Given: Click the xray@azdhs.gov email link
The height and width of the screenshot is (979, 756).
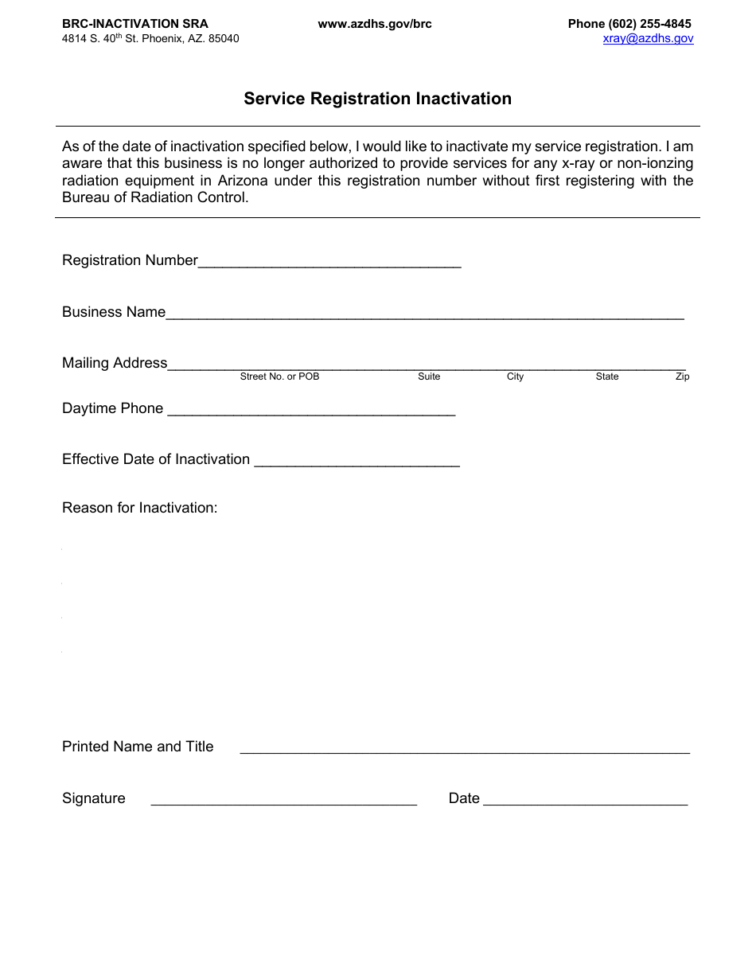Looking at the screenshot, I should click(x=648, y=38).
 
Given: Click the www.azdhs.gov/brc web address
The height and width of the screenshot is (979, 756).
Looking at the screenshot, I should click(x=375, y=24).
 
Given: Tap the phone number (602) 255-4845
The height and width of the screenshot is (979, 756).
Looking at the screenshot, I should click(x=650, y=24).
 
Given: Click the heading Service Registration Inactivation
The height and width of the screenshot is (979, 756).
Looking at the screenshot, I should click(x=377, y=99).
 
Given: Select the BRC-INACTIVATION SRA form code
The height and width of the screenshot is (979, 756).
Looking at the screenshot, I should click(x=134, y=24).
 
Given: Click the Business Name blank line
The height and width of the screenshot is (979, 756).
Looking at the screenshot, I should click(x=424, y=314).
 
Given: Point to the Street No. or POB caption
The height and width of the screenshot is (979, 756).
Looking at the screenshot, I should click(x=279, y=376).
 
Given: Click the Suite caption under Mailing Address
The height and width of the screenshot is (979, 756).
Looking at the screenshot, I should click(x=429, y=376).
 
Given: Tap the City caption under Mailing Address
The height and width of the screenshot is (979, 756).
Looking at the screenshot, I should click(x=515, y=376).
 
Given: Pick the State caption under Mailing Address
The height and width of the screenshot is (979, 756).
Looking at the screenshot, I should click(x=606, y=376).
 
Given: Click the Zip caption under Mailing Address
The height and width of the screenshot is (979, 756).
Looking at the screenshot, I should click(x=682, y=376).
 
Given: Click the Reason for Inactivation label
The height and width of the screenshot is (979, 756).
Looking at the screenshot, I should click(x=139, y=508).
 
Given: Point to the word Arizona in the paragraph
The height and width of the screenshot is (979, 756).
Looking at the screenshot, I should click(x=244, y=181).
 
